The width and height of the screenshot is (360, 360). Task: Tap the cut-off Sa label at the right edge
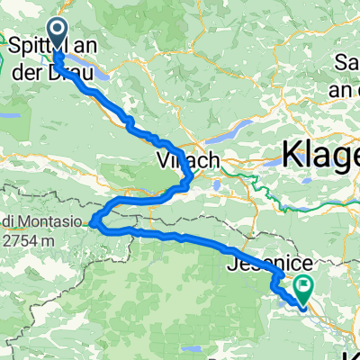pos(347,62)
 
